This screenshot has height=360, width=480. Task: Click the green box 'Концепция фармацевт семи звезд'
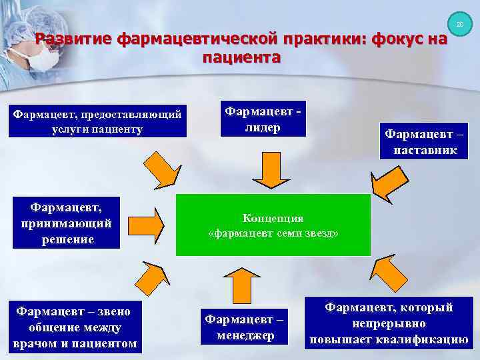(273, 225)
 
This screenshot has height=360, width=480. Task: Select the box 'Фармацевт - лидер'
(265, 118)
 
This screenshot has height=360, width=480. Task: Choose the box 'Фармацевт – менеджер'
(245, 327)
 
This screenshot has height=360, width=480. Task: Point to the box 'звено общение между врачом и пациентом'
(74, 327)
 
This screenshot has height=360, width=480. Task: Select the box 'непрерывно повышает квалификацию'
(388, 323)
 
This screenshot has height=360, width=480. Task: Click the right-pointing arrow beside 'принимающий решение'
(147, 225)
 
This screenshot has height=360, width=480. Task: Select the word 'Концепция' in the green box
(273, 218)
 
